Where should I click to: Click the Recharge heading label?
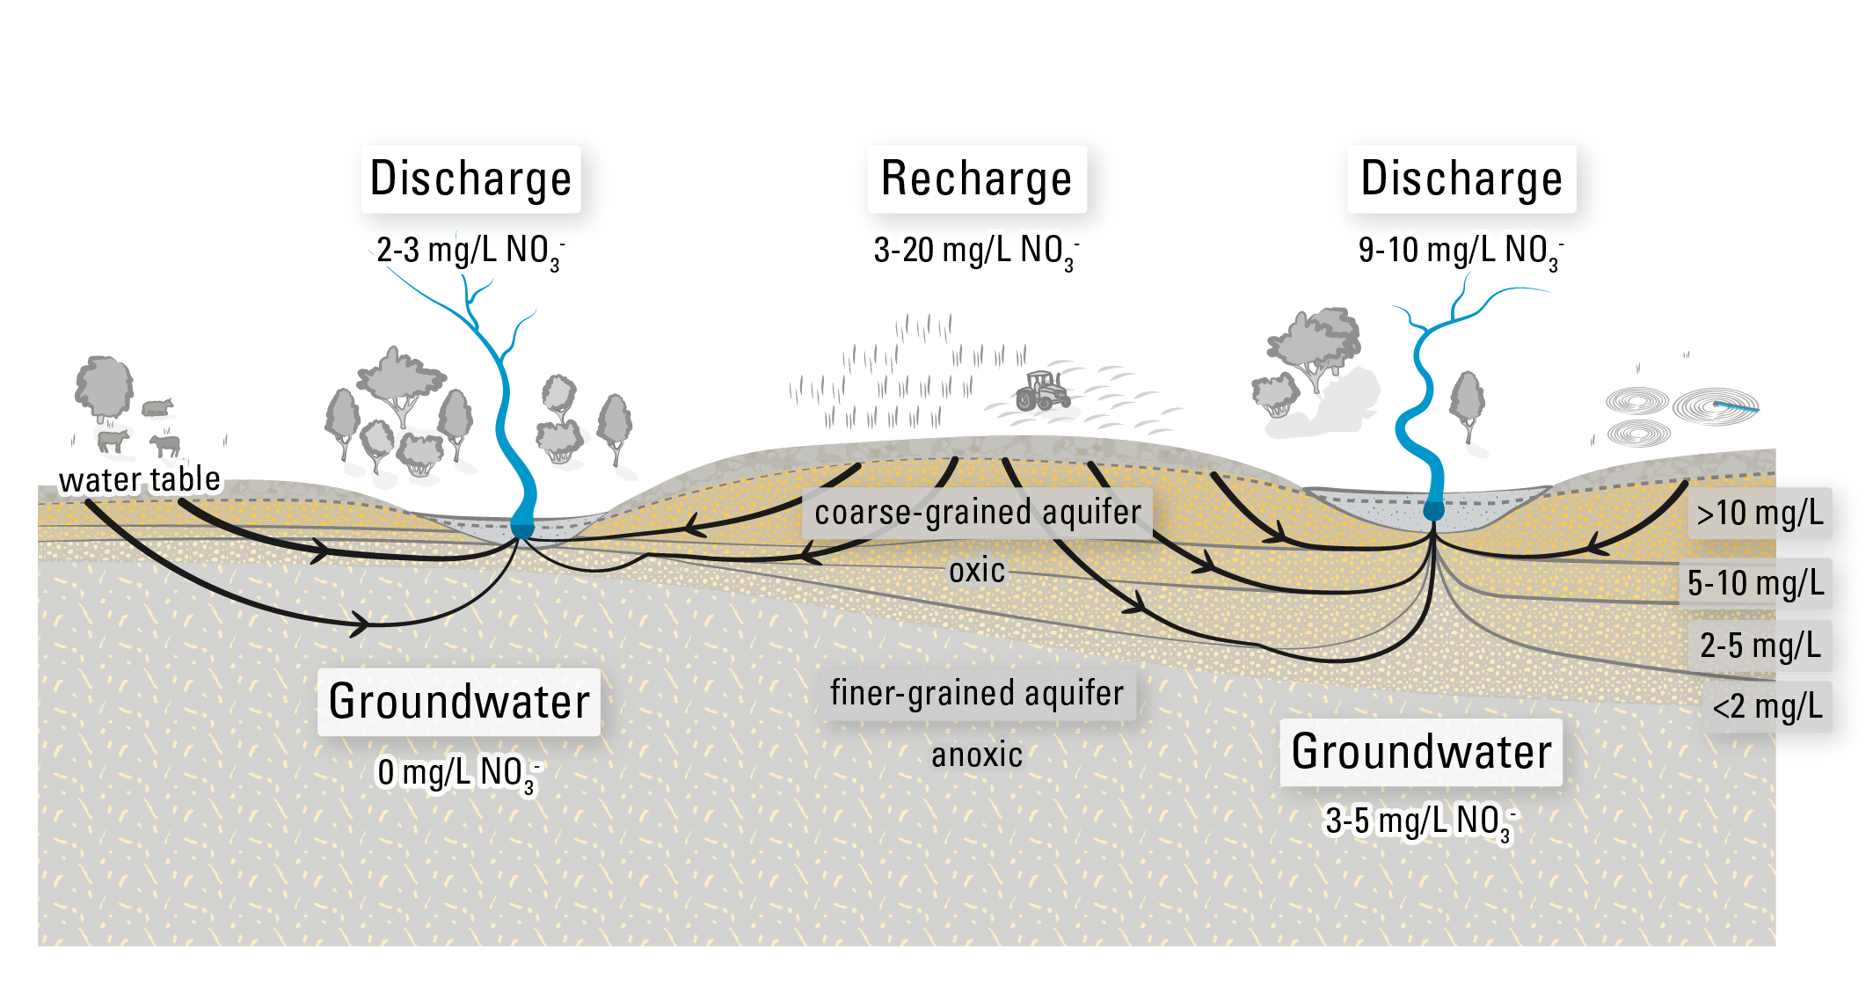976,179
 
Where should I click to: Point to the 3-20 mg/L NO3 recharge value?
975,251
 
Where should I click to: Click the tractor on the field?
1043,391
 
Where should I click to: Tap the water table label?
139,480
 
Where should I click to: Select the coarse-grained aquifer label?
977,513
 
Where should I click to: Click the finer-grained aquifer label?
977,694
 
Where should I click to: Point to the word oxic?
976,571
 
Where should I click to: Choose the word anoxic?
976,755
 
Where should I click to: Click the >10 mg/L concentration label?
1760,514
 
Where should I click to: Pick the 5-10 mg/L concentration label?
1755,583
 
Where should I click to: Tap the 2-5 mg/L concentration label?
1760,646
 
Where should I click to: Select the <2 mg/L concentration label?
1767,706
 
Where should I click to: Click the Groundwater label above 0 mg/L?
459,703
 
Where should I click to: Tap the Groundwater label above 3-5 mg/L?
1421,753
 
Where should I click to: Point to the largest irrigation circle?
1715,406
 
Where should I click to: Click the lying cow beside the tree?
157,406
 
